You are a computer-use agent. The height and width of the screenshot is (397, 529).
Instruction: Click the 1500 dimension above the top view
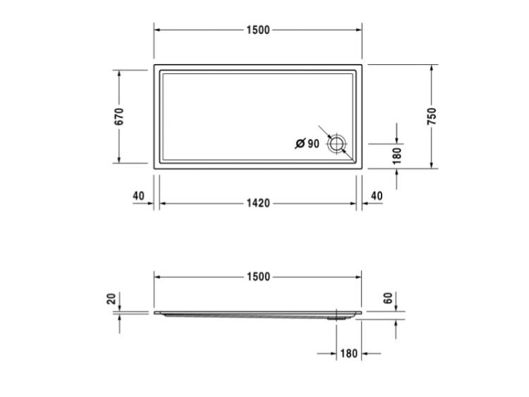(258, 30)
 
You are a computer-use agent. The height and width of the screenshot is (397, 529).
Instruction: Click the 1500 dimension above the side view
(258, 277)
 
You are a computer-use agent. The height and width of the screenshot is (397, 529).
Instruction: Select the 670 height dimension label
(119, 116)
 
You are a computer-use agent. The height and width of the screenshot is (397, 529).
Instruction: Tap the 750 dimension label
(432, 116)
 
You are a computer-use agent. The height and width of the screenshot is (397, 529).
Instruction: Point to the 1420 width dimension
(258, 203)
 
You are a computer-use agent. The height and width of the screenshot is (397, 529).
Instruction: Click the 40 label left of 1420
(139, 195)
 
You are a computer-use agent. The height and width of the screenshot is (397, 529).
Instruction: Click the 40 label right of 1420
(377, 195)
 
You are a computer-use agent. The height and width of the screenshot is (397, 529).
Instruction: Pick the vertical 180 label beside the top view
(397, 156)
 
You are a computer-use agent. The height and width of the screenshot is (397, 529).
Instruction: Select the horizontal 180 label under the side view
(348, 353)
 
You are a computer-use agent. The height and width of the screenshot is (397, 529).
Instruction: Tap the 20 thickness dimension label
(111, 299)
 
